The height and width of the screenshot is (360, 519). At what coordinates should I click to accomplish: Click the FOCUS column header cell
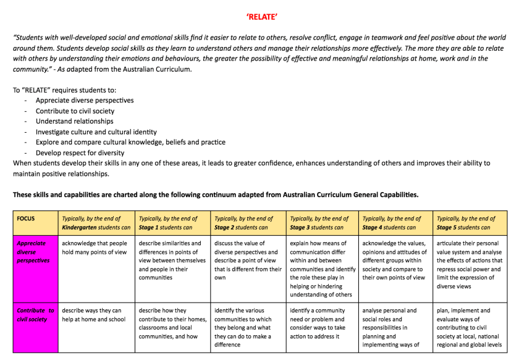click(x=26, y=219)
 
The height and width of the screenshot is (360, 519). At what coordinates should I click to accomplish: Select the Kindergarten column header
click(x=96, y=223)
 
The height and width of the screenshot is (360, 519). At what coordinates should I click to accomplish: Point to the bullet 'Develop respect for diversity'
click(x=80, y=153)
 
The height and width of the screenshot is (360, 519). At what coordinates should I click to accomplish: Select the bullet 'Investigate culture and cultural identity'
click(x=96, y=132)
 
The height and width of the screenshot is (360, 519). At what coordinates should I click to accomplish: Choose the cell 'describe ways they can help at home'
click(x=93, y=315)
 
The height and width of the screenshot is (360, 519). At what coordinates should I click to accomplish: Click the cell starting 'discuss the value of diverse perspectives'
click(x=248, y=261)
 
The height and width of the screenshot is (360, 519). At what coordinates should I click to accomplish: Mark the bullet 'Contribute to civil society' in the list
click(x=75, y=111)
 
